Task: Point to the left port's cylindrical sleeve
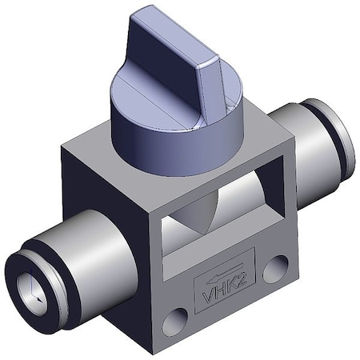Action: pyautogui.click(x=88, y=256)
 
